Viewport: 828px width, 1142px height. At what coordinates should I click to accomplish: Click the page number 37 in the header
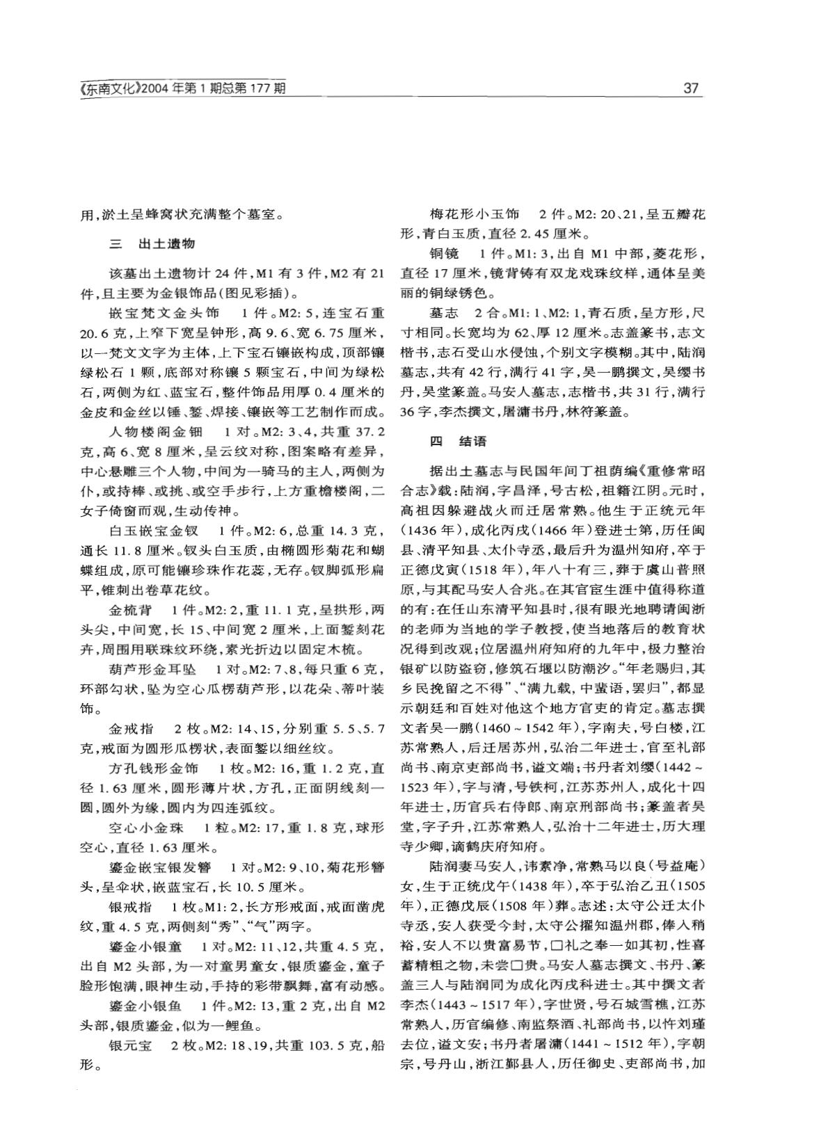(691, 88)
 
